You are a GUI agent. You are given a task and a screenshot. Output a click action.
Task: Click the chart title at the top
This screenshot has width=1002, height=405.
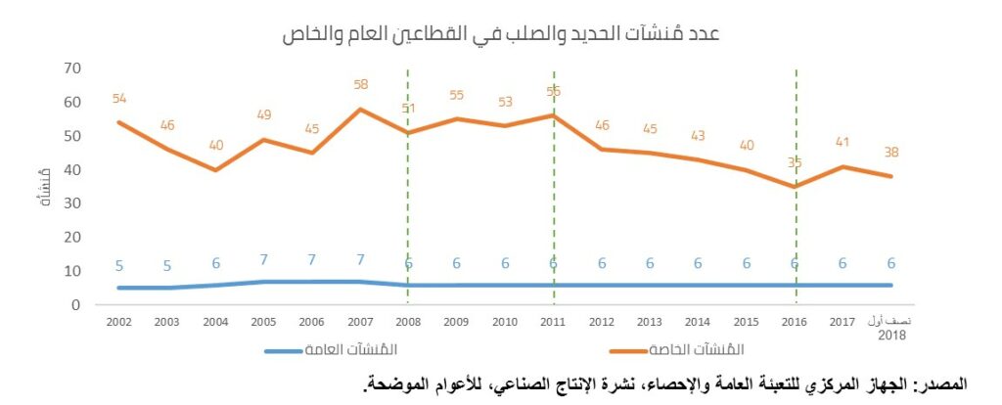point(501,33)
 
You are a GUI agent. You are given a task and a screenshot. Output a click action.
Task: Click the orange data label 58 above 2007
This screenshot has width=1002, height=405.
point(360,85)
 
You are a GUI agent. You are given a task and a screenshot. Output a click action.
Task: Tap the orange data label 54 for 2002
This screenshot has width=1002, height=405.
point(120,99)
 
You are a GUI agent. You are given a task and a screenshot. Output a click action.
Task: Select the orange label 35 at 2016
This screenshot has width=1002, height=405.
point(794,163)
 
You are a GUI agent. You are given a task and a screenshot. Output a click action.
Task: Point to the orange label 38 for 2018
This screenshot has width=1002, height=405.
point(891,153)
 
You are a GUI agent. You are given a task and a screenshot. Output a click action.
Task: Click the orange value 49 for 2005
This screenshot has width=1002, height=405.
point(264,115)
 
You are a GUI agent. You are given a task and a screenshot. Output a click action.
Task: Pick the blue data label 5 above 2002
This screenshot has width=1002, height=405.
point(119,265)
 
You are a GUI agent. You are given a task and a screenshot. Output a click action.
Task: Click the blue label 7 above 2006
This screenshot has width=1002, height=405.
point(312,261)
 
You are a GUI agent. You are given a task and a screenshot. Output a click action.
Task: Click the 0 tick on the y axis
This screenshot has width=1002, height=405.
point(74,305)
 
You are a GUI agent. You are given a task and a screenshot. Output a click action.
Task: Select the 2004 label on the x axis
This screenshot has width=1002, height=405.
point(216,321)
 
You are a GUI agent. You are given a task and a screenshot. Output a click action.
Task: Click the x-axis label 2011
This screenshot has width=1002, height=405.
point(553,321)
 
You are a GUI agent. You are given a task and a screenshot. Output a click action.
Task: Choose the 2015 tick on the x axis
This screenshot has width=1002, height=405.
point(746,321)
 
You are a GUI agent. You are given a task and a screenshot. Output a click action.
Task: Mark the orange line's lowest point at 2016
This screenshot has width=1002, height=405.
point(795,186)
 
